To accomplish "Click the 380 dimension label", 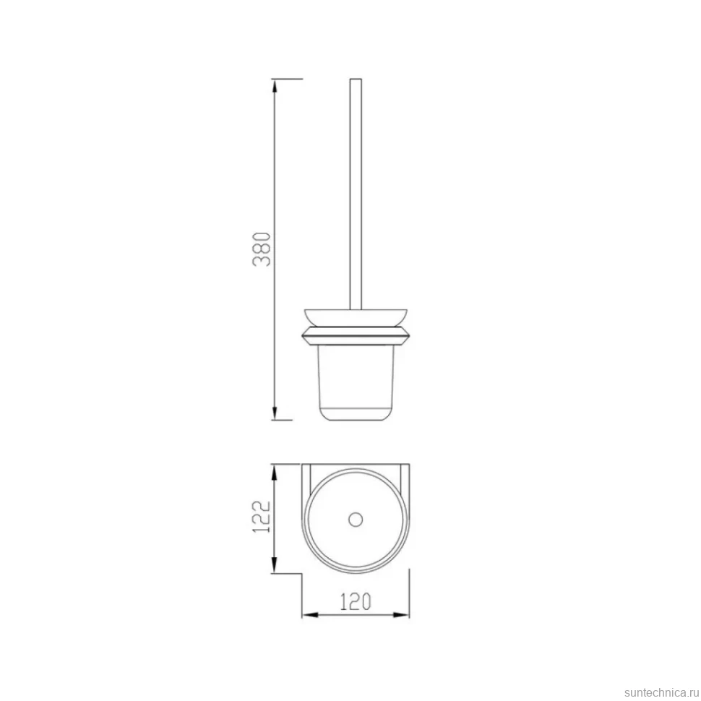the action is (x=262, y=249).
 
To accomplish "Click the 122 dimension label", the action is (x=262, y=517).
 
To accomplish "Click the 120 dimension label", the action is (x=356, y=602).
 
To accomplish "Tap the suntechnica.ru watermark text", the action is (x=662, y=692).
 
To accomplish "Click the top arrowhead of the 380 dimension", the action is (x=275, y=86).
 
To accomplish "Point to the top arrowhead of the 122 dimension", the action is (x=275, y=471).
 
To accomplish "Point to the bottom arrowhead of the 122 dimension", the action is (x=275, y=566).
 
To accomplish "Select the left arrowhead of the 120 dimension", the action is (x=310, y=615).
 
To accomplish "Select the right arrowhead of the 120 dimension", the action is (x=402, y=615).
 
